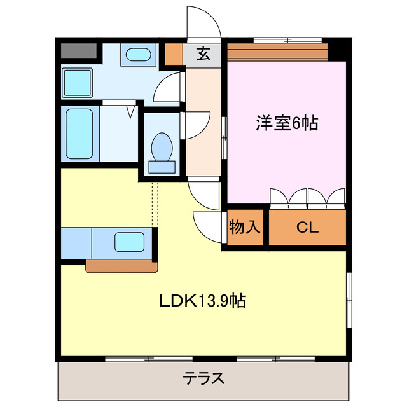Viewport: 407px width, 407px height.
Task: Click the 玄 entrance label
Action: click(x=203, y=54)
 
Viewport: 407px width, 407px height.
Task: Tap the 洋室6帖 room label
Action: click(x=287, y=122)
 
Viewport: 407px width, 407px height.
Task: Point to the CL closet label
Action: click(x=308, y=227)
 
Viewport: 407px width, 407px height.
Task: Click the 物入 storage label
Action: click(x=244, y=227)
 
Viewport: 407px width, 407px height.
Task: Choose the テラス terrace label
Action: click(x=204, y=380)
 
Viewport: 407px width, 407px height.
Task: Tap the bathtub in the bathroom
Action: click(x=79, y=135)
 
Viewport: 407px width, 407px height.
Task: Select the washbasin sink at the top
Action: click(x=137, y=55)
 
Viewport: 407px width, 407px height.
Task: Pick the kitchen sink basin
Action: click(x=130, y=242)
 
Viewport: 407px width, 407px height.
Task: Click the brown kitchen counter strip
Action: click(x=121, y=266)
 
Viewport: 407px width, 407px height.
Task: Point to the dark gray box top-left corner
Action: click(x=79, y=51)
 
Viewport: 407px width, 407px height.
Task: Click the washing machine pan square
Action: click(x=77, y=83)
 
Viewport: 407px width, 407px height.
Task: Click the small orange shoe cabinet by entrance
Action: click(x=174, y=55)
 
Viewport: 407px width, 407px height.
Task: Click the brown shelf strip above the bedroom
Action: click(x=277, y=50)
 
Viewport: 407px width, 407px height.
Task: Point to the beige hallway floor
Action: click(x=202, y=127)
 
